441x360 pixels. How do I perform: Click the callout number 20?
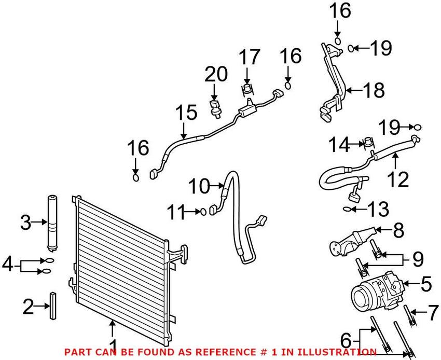pos(215,75)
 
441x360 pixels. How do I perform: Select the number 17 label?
pos(247,58)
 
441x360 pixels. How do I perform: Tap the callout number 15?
pos(186,114)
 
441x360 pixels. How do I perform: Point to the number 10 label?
pos(200,185)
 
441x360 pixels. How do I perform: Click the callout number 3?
pos(25,223)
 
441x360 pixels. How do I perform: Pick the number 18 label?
pos(374,90)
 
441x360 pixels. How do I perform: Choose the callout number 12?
pos(399,179)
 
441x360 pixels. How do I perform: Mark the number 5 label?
pos(425,284)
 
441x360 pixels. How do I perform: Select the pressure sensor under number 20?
pos(216,106)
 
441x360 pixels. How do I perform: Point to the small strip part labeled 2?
pos(53,308)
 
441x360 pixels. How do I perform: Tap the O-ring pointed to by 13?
pos(347,210)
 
